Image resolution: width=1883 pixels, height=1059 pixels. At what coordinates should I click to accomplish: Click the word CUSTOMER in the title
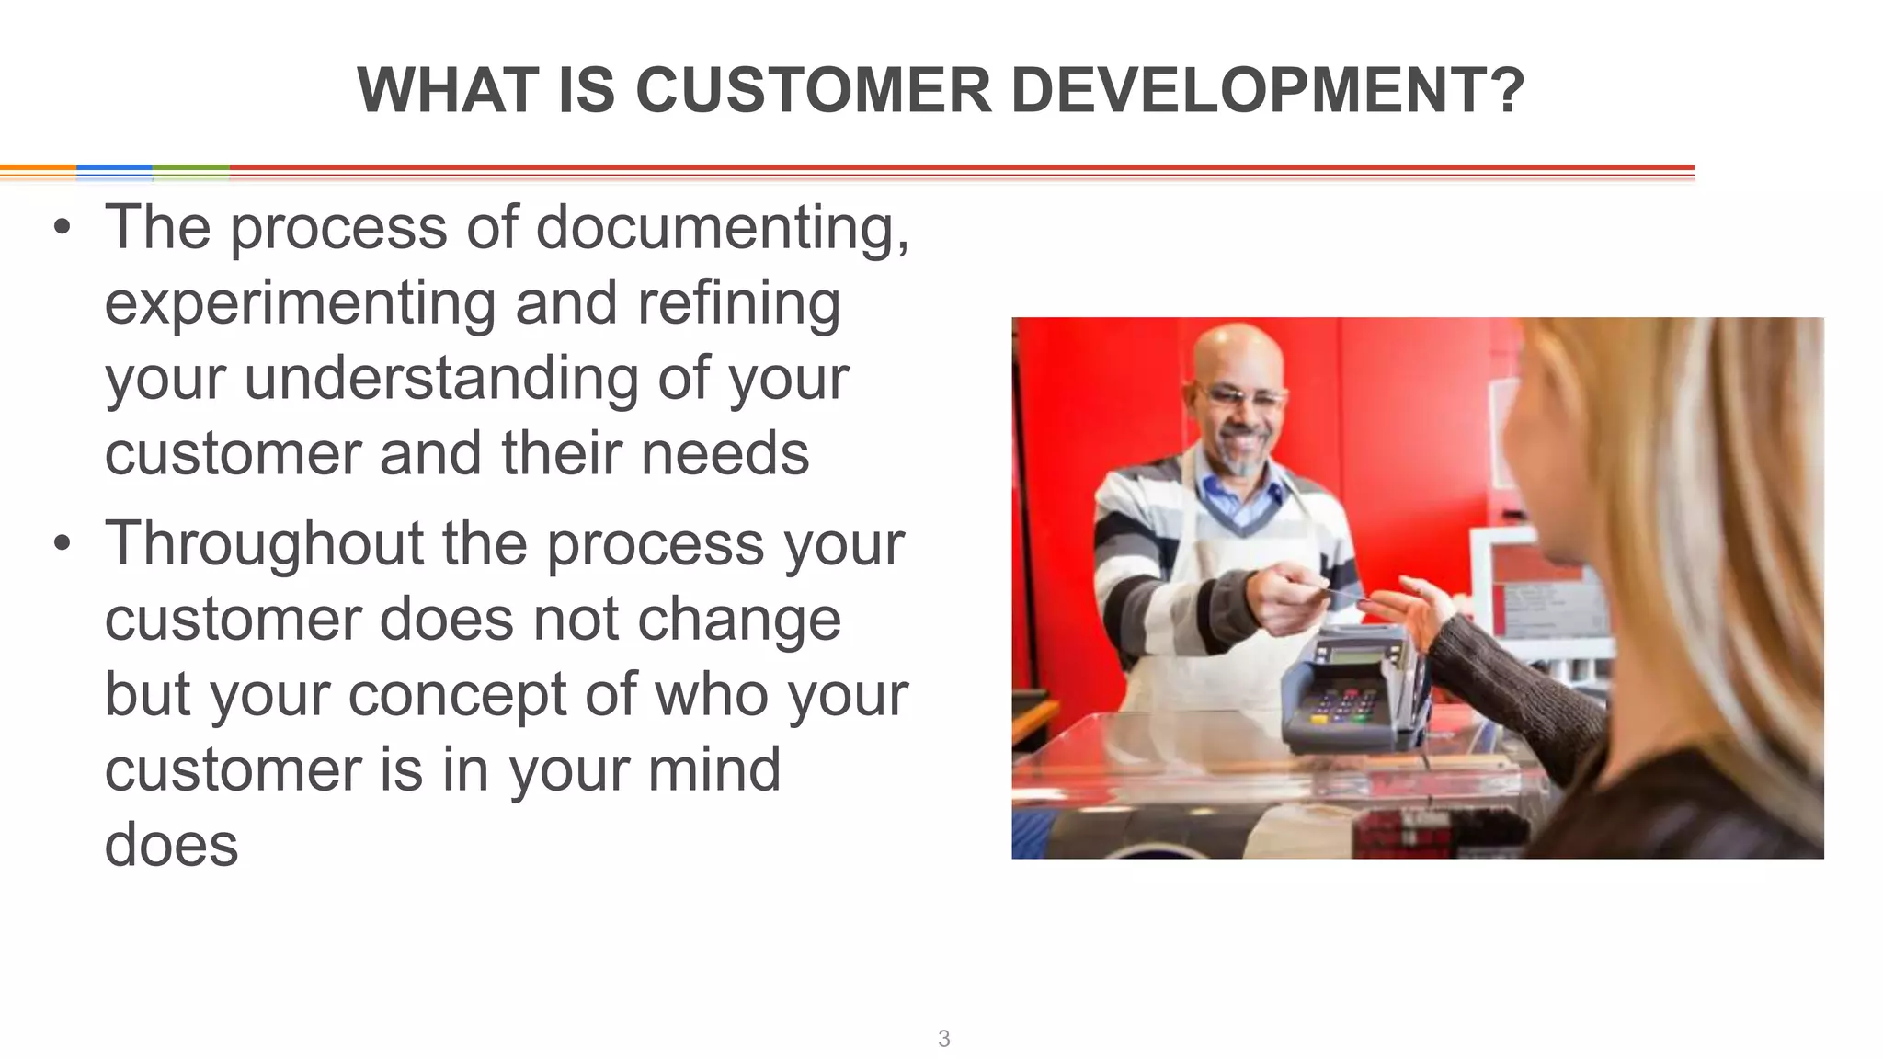tap(813, 91)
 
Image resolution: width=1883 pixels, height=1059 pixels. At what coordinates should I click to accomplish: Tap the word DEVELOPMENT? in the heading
tap(1268, 91)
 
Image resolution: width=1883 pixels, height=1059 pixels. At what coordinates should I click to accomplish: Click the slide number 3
tap(943, 1039)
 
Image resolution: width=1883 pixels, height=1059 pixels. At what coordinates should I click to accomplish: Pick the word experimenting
tap(300, 304)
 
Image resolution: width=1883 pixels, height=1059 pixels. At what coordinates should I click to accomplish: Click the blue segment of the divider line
tap(114, 169)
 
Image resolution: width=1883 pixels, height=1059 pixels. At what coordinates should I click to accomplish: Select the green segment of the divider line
tap(190, 169)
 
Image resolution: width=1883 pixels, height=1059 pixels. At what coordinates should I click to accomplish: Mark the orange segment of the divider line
tap(38, 169)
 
